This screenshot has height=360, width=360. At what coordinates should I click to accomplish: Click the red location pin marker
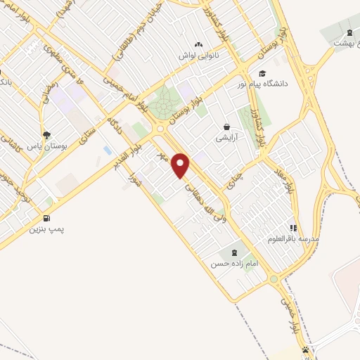pos(181,165)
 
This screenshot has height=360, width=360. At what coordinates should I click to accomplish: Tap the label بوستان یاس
pos(46,146)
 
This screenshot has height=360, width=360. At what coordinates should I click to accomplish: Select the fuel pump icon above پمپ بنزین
pos(46,218)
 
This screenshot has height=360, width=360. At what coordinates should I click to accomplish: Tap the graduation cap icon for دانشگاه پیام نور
pos(262,73)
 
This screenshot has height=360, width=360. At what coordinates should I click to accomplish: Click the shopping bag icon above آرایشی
pos(226,127)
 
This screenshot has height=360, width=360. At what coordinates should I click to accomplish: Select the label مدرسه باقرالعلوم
pos(293,239)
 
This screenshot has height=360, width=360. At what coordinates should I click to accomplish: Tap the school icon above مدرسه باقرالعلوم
pos(293,228)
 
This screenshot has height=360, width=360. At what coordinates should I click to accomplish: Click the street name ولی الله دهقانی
pos(201,204)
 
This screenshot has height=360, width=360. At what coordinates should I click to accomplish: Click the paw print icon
pos(305,349)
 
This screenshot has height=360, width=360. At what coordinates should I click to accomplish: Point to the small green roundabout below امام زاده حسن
pos(274,280)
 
